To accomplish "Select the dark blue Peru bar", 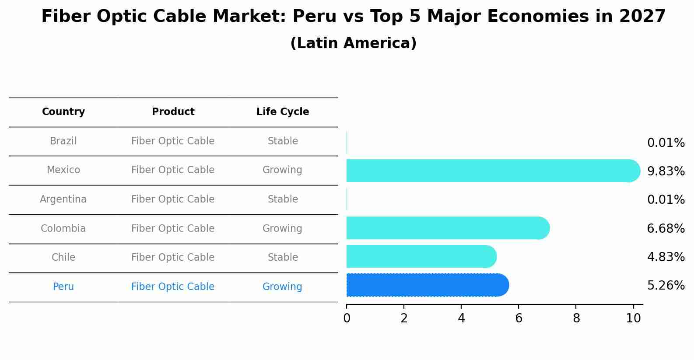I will point(427,285).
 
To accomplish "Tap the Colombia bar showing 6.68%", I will point(446,228).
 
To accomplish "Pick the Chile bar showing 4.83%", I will point(420,256).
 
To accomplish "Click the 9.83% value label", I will point(666,171).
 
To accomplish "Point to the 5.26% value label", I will point(666,286).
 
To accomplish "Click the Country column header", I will point(63,112).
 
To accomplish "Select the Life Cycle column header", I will point(283,112).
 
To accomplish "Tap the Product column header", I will point(173,112).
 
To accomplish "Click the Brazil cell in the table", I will point(63,141).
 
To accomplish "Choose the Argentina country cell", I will point(63,199).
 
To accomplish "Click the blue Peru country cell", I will point(63,287).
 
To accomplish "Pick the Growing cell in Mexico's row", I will point(282,170).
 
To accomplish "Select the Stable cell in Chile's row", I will point(283,258).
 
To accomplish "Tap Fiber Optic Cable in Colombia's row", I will point(173,229).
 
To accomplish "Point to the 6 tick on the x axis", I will point(519,318).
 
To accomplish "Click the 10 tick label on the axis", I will point(633,318).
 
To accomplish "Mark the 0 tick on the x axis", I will point(347,318).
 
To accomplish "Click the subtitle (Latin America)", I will point(353,43).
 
